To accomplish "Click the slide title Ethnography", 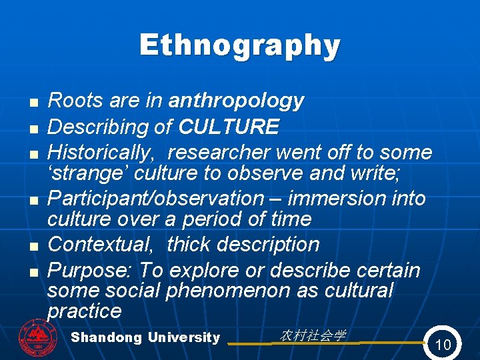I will click(240, 46).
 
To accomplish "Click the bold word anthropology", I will click(236, 101).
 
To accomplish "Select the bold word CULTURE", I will click(229, 127).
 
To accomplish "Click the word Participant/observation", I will click(156, 199).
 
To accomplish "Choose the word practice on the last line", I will click(84, 311).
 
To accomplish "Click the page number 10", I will click(443, 344).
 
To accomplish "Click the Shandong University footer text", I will click(145, 337).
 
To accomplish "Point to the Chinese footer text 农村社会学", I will click(312, 335).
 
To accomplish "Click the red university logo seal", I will click(38, 338).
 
